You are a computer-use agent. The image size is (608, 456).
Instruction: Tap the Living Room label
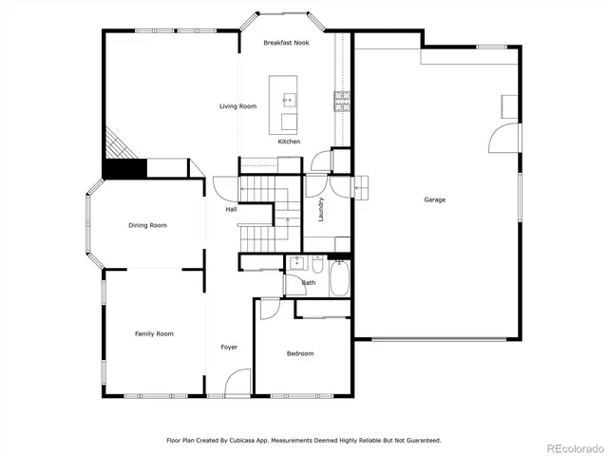click(237, 106)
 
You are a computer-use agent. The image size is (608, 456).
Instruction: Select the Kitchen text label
click(289, 142)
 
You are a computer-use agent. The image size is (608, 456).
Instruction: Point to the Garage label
click(434, 199)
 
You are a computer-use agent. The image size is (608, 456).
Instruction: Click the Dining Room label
click(147, 225)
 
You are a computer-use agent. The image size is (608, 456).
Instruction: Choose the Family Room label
click(153, 333)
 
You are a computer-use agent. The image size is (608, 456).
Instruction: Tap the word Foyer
click(229, 347)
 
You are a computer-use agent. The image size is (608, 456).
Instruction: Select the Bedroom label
click(300, 353)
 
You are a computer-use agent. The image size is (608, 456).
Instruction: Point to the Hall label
click(231, 209)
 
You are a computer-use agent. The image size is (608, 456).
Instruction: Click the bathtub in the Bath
click(338, 281)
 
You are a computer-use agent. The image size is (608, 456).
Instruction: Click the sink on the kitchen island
click(288, 99)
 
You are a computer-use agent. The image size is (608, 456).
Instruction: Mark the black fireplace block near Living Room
click(124, 169)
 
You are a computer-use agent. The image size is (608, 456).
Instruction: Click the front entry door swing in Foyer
click(238, 383)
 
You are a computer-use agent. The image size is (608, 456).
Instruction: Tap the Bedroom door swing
click(269, 309)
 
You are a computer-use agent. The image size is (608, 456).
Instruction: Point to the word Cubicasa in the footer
click(252, 441)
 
